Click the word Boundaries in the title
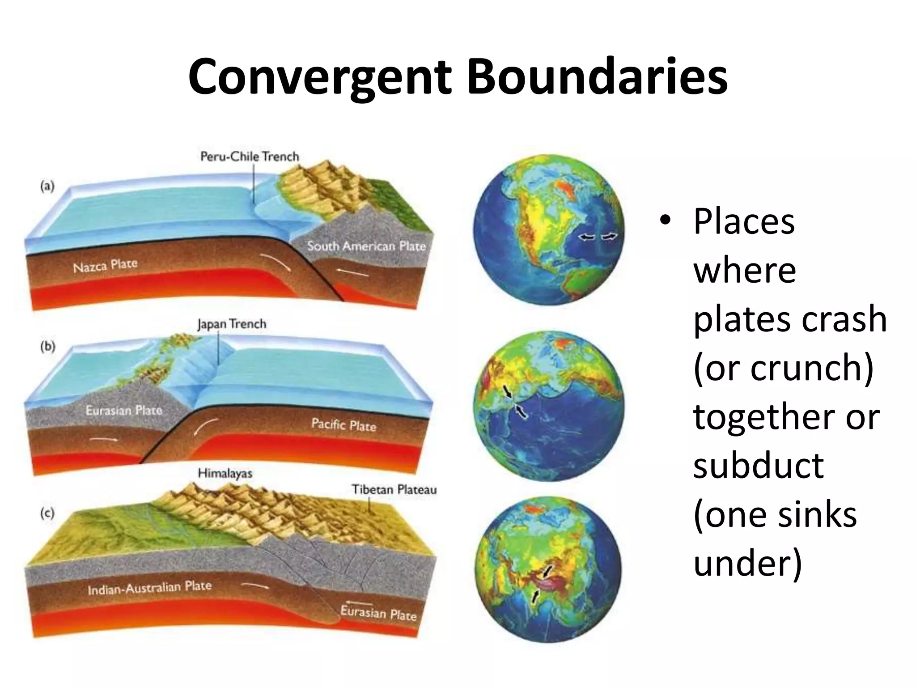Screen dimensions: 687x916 (x=597, y=77)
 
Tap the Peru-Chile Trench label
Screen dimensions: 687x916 (x=250, y=157)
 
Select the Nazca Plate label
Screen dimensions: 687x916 (x=105, y=266)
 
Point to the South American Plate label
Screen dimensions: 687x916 (x=366, y=246)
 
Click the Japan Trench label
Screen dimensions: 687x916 (x=232, y=324)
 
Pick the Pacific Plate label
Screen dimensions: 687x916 (x=343, y=424)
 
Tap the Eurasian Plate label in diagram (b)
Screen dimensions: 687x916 (x=124, y=410)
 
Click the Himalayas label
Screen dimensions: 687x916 (x=225, y=473)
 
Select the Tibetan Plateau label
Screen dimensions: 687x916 (x=394, y=489)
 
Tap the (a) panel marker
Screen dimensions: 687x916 (x=47, y=186)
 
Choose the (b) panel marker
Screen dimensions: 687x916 (x=47, y=347)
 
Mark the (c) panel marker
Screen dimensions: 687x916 (x=47, y=513)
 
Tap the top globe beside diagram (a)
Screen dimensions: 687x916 (x=549, y=231)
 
